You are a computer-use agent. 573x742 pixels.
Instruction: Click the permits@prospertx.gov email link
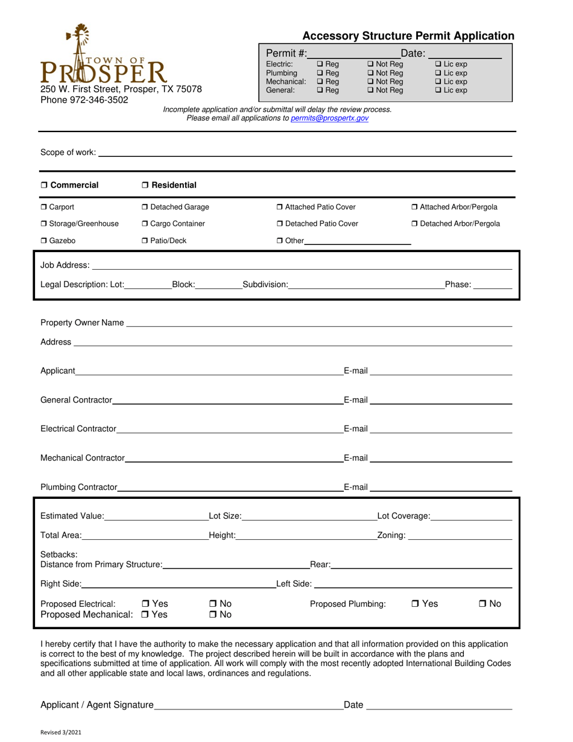[x=329, y=119]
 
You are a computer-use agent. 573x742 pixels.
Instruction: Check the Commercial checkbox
[x=44, y=185]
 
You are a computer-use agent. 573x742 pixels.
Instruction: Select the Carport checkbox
[x=44, y=208]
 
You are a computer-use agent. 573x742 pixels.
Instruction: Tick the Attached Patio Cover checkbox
[x=280, y=208]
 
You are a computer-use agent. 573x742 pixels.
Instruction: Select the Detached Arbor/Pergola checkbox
[x=415, y=224]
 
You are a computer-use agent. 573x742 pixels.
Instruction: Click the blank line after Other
[x=358, y=241]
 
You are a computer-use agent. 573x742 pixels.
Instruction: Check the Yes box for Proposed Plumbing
[x=416, y=604]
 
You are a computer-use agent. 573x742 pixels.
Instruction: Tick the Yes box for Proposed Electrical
[x=146, y=604]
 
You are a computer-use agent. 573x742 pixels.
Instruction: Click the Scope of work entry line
[x=305, y=153]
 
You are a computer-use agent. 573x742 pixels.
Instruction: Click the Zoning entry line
[x=460, y=536]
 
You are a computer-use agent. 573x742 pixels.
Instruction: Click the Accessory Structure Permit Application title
[x=408, y=36]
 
